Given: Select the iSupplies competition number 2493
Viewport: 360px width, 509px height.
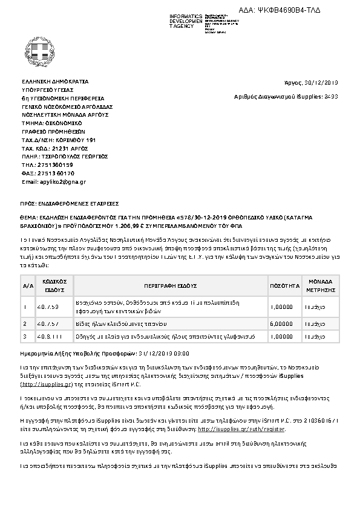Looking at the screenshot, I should pos(332,96).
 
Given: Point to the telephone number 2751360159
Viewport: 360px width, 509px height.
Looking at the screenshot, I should pos(56,164).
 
